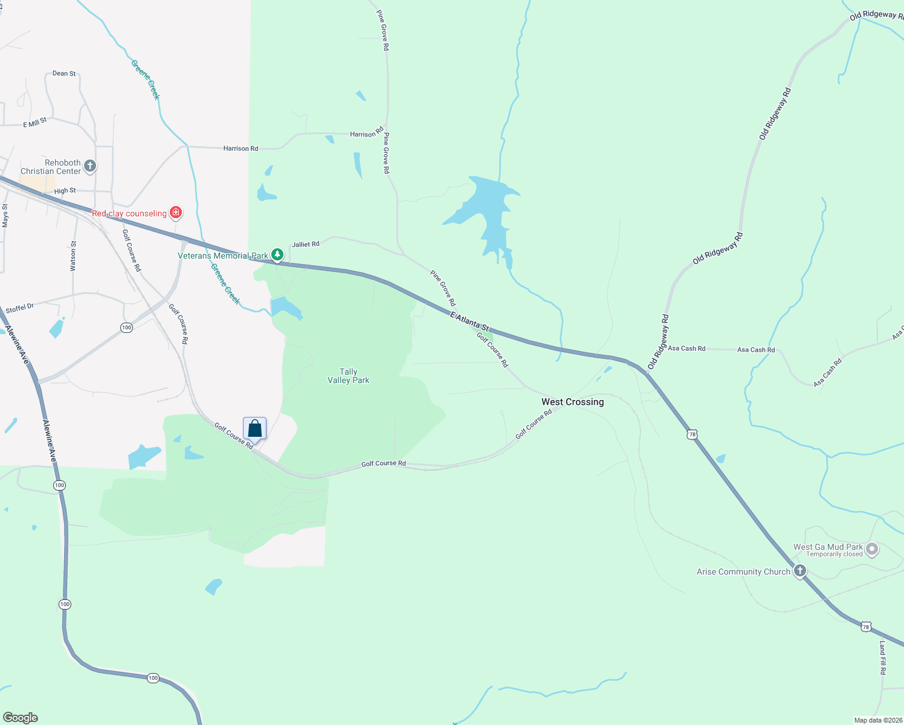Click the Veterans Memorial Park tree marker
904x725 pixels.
(x=277, y=255)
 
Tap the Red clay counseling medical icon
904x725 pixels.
(x=176, y=212)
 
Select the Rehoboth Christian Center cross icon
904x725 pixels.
(x=90, y=166)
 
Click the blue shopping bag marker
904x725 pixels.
(x=254, y=429)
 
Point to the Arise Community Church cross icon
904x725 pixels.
(x=800, y=570)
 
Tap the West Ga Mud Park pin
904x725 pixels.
(x=871, y=549)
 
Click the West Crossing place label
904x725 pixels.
(x=572, y=402)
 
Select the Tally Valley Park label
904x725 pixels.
(x=348, y=376)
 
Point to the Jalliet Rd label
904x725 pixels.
(x=305, y=245)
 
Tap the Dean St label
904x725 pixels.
(x=64, y=74)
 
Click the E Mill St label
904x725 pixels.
(x=35, y=123)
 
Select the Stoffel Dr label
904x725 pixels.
(x=20, y=308)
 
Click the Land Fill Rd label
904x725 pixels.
(x=882, y=658)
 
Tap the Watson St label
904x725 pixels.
(x=73, y=256)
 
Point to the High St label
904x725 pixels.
(x=65, y=191)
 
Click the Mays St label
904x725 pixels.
(x=5, y=216)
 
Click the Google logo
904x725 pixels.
(x=21, y=718)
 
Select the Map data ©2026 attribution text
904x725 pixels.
(x=878, y=720)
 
